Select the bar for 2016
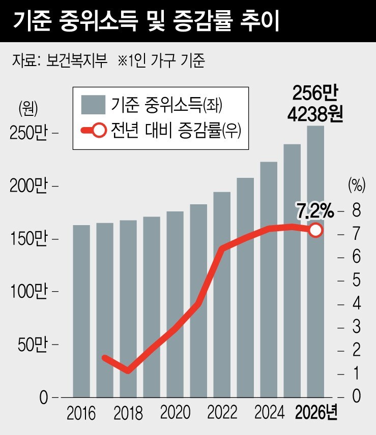pyautogui.click(x=81, y=310)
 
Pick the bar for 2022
pyautogui.click(x=222, y=295)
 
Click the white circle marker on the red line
pyautogui.click(x=315, y=230)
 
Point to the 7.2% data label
pyautogui.click(x=315, y=209)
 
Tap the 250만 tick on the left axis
pyautogui.click(x=28, y=133)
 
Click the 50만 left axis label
pyautogui.click(x=32, y=345)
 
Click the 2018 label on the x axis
pyautogui.click(x=128, y=413)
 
